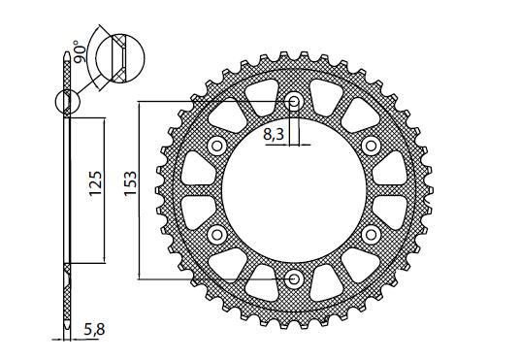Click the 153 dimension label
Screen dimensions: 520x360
[x=130, y=183]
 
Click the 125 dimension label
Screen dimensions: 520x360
[x=95, y=183]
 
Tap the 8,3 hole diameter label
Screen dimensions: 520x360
[x=274, y=135]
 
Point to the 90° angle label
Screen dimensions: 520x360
[x=80, y=51]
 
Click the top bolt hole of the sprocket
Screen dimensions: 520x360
[x=294, y=102]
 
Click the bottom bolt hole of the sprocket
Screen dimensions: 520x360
[x=294, y=279]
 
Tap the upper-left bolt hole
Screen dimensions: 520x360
[x=217, y=146]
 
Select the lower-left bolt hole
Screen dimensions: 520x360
[x=217, y=235]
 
